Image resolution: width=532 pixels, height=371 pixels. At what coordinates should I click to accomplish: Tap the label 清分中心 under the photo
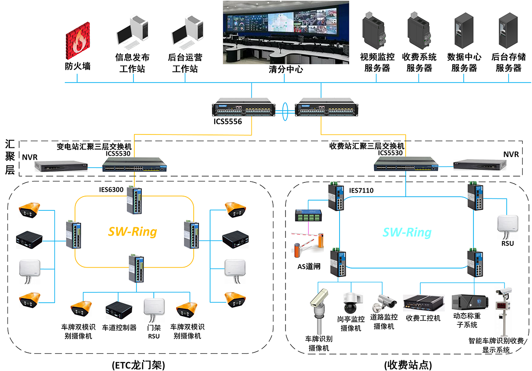(x=286, y=69)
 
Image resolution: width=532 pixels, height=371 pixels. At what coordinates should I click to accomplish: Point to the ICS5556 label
(x=227, y=121)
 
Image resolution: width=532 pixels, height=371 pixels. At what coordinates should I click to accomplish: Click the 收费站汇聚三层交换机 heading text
(x=367, y=146)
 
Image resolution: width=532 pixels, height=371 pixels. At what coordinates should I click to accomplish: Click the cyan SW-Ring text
(x=407, y=232)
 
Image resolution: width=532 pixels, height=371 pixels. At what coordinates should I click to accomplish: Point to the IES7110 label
(x=362, y=191)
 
